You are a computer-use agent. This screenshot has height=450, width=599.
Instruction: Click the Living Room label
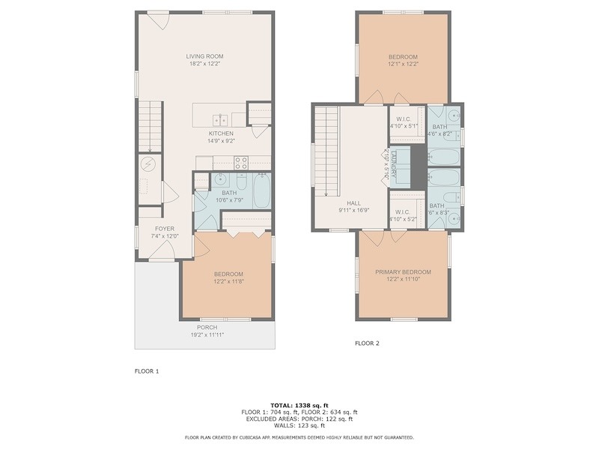pyautogui.click(x=204, y=56)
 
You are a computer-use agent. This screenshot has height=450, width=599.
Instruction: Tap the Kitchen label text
pyautogui.click(x=221, y=133)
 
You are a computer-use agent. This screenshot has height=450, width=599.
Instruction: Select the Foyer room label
pyautogui.click(x=165, y=229)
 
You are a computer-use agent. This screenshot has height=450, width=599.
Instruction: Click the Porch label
pyautogui.click(x=207, y=328)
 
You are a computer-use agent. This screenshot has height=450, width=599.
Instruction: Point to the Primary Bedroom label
pyautogui.click(x=403, y=272)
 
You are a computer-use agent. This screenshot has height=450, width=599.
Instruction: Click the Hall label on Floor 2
pyautogui.click(x=353, y=203)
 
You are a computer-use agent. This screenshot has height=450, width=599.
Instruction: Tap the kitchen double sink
pyautogui.click(x=220, y=120)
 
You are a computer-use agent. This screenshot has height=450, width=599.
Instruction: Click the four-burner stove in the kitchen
pyautogui.click(x=241, y=163)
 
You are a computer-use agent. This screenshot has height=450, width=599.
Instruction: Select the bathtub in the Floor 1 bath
pyautogui.click(x=262, y=191)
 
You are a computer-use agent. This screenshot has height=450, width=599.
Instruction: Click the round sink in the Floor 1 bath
pyautogui.click(x=220, y=178)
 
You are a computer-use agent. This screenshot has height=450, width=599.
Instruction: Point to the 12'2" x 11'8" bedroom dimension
pyautogui.click(x=229, y=281)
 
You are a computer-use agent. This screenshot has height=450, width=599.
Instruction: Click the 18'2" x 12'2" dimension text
pyautogui.click(x=204, y=64)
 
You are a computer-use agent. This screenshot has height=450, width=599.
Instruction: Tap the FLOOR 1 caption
pyautogui.click(x=147, y=371)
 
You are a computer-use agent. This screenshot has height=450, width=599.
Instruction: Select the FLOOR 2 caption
pyautogui.click(x=367, y=343)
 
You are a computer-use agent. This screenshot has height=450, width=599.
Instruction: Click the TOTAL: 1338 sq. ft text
pyautogui.click(x=299, y=406)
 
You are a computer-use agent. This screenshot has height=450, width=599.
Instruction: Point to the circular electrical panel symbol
pyautogui.click(x=148, y=164)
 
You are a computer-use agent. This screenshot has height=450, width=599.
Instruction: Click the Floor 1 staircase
pyautogui.click(x=150, y=127)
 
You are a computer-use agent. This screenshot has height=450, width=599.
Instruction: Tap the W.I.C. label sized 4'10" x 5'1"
pyautogui.click(x=404, y=122)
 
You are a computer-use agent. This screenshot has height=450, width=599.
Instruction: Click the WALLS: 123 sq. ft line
pyautogui.click(x=299, y=425)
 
